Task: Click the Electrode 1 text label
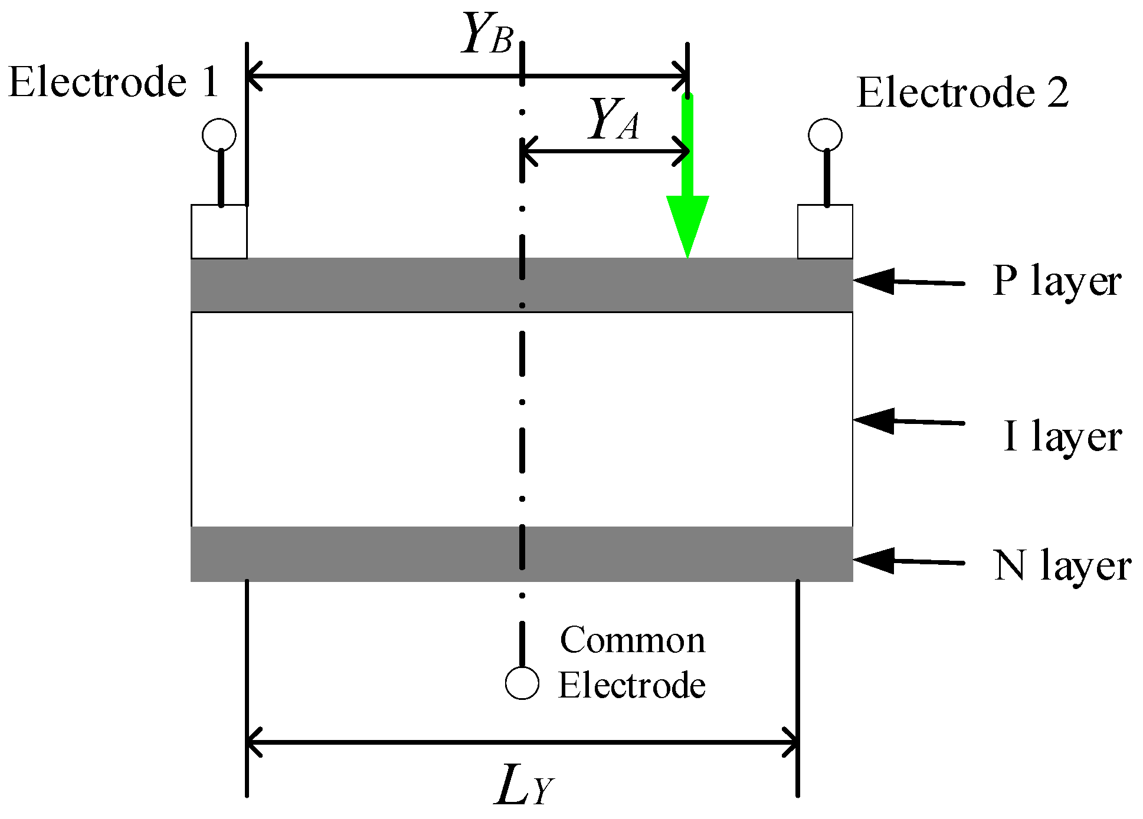coord(113,82)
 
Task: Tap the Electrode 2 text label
coord(962,93)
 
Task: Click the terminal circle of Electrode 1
coord(219,135)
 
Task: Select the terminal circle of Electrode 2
coord(825,135)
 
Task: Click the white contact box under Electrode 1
coord(219,232)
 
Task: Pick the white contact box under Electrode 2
coord(825,232)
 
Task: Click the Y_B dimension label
coord(486,34)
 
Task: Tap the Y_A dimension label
coord(614,120)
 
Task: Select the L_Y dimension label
coord(524,787)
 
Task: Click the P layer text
coord(1056,281)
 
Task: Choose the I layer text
coord(1062,437)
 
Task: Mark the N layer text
coord(1062,566)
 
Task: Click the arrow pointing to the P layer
coord(909,282)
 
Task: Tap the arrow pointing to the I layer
coord(909,421)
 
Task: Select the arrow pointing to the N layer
coord(909,561)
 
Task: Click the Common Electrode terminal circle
coord(522,683)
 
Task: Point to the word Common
coord(633,640)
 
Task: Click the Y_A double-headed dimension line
coord(605,152)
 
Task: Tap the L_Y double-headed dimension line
coord(522,742)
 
